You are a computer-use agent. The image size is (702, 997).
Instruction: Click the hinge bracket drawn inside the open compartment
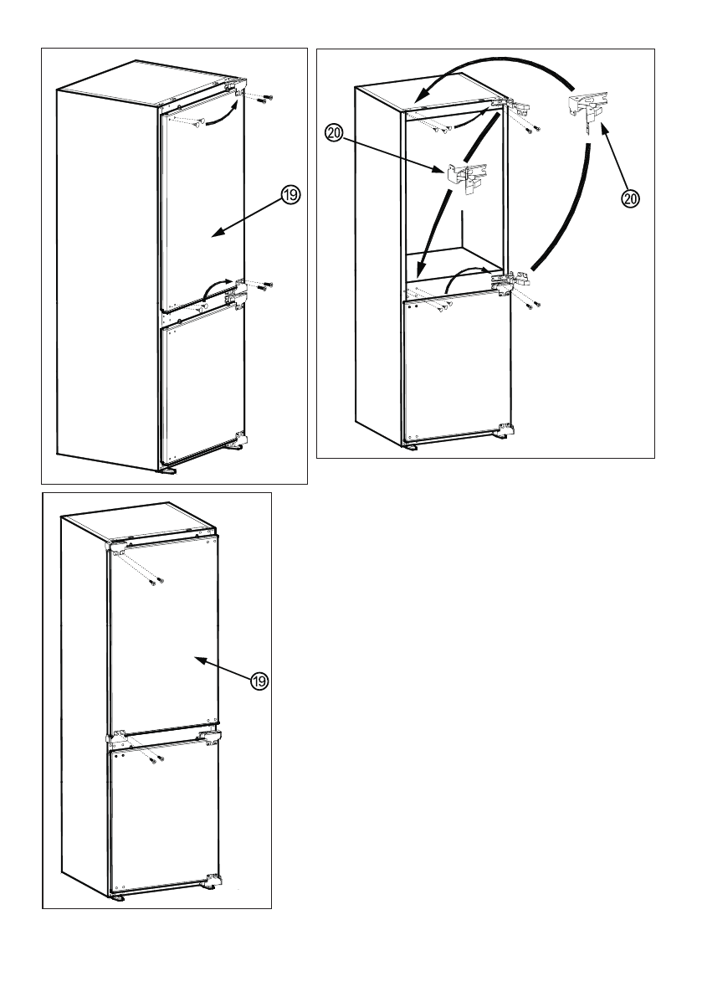tap(467, 175)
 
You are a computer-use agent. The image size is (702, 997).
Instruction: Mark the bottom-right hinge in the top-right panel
tap(505, 432)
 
